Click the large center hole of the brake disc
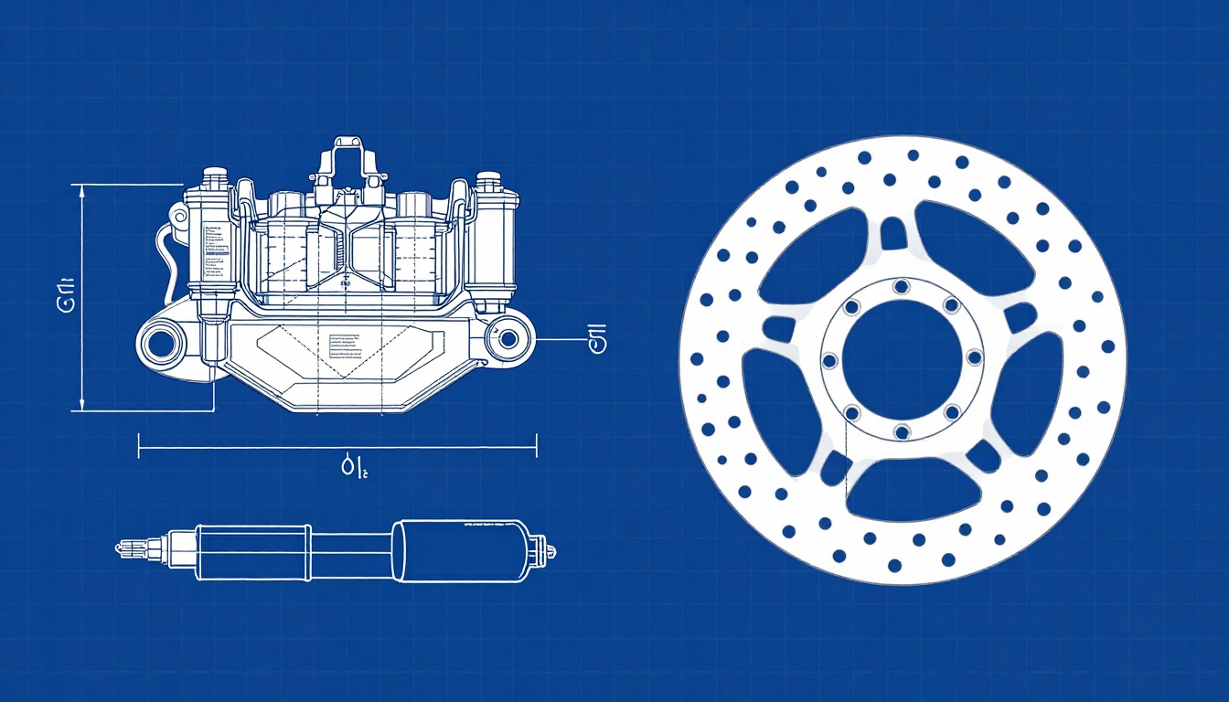click(x=901, y=356)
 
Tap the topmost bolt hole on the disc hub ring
click(x=901, y=287)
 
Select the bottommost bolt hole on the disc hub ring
click(x=901, y=431)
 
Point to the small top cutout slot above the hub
click(x=893, y=235)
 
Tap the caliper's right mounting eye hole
click(x=508, y=339)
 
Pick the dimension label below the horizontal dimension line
click(x=353, y=469)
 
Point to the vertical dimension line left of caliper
click(x=83, y=298)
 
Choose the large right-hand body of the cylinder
click(x=462, y=550)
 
